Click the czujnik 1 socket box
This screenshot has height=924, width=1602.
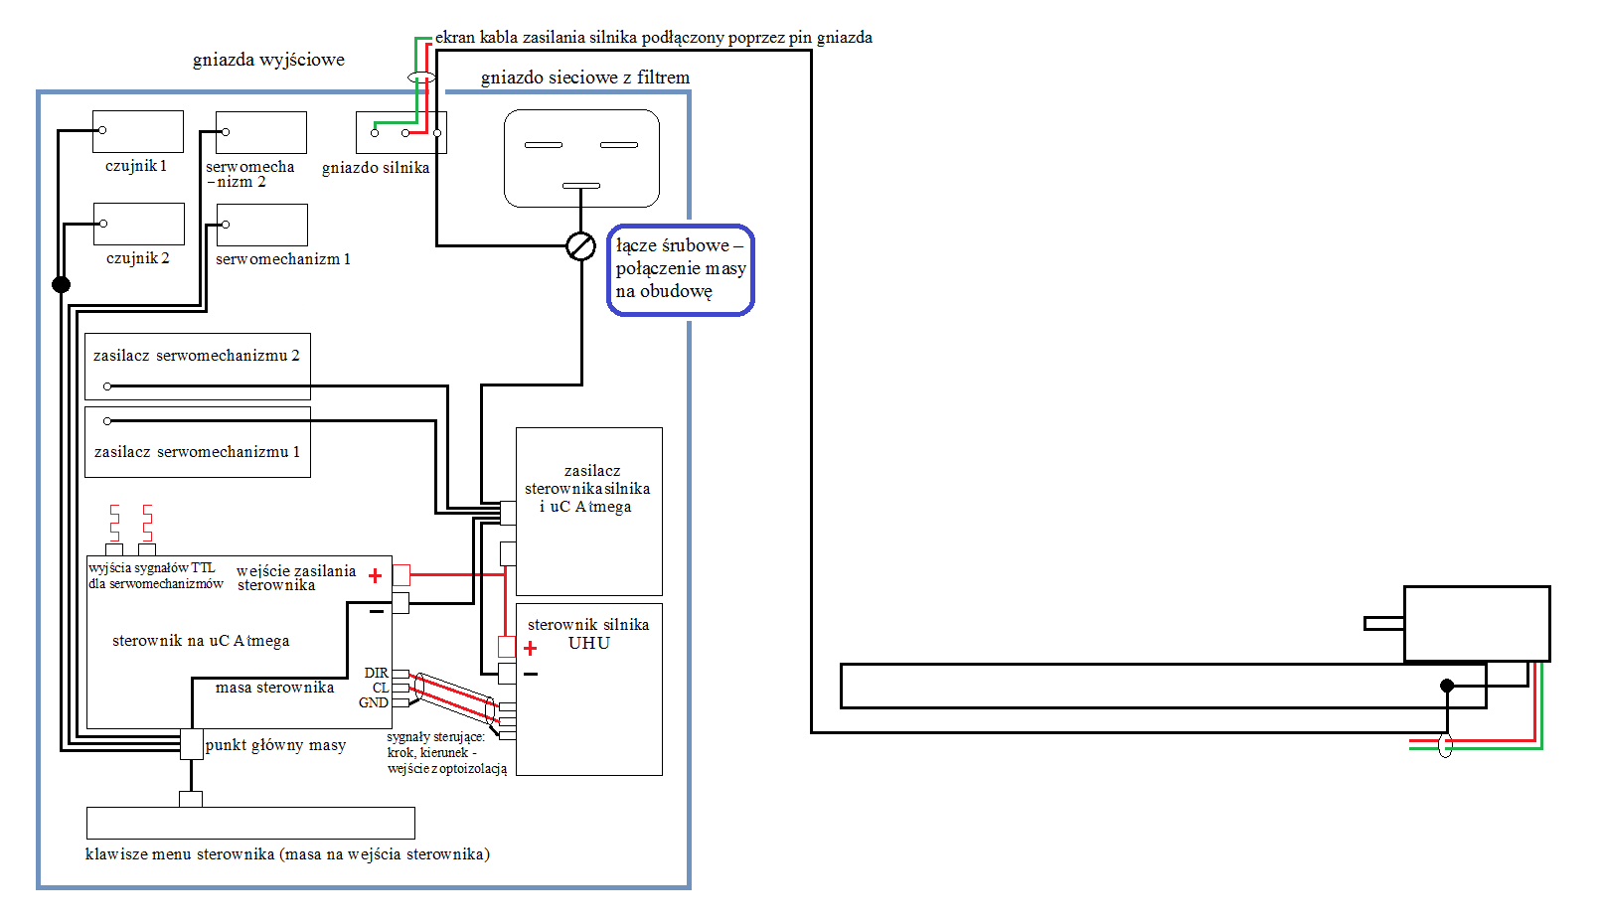pos(138,131)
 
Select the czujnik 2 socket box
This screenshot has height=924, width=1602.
pos(139,224)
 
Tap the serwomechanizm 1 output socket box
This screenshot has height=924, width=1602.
pos(261,226)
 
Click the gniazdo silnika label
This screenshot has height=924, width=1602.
pos(376,168)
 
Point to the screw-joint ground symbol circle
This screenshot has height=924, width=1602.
pos(580,246)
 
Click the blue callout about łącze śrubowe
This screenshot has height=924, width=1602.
pos(680,269)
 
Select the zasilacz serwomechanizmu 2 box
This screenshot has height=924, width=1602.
pos(198,367)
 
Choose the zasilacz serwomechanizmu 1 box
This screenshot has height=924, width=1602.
pos(198,442)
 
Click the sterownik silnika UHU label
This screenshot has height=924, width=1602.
pos(588,634)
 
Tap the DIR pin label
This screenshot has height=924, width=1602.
pos(377,673)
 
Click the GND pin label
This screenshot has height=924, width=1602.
pos(374,703)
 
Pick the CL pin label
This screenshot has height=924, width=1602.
pos(381,688)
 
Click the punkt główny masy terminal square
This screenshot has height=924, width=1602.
pos(191,744)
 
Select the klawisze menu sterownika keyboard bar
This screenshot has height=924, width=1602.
pos(250,824)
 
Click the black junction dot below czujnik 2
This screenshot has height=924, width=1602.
pos(62,284)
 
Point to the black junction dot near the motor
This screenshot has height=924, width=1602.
pos(1447,686)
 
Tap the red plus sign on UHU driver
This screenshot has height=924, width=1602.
pos(530,649)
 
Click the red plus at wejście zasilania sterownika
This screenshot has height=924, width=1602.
pos(375,575)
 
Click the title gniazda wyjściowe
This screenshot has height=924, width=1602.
pos(268,60)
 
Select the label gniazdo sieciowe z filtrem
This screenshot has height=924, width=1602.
pos(585,77)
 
